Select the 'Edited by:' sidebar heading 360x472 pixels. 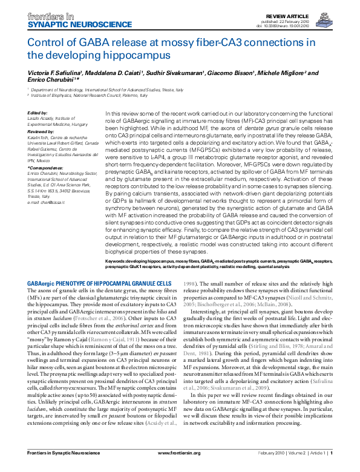tap(38, 113)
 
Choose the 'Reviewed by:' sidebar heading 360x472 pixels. tap(41, 131)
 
